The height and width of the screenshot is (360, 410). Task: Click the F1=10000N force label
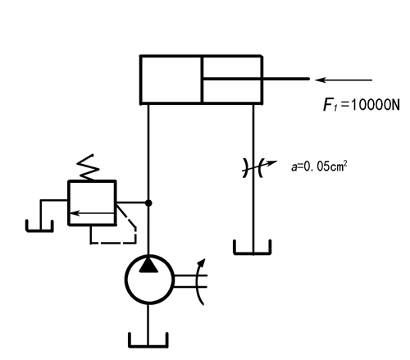coord(362,105)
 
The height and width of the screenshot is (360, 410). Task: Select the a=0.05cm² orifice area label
coord(319,166)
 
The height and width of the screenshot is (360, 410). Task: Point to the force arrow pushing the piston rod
coord(344,80)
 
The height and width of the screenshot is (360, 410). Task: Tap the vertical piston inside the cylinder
coord(202,80)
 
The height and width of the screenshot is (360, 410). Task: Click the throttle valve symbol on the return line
coord(253,167)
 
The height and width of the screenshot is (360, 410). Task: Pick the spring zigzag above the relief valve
coord(88,167)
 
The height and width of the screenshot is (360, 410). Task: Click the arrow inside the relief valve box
coord(92,213)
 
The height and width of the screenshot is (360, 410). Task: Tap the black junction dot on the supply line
coord(148,203)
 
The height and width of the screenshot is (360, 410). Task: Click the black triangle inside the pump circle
coord(148,265)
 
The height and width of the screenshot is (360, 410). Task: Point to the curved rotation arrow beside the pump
coord(198,280)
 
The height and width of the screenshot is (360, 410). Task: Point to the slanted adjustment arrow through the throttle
coord(260,166)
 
